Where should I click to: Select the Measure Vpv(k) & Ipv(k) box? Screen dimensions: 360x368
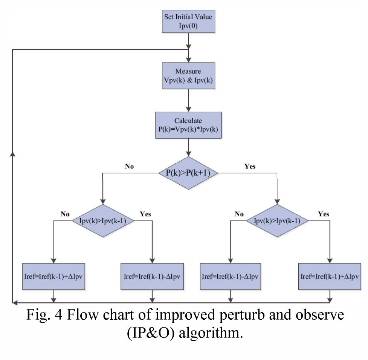188,76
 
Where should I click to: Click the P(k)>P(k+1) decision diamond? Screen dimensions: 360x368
188,173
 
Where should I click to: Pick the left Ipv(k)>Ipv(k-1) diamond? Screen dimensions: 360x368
102,221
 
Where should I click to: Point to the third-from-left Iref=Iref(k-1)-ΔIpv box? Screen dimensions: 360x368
229,276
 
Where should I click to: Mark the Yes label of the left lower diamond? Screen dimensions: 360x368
145,214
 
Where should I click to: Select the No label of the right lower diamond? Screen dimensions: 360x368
239,214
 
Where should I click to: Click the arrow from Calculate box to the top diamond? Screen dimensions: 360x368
188,149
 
